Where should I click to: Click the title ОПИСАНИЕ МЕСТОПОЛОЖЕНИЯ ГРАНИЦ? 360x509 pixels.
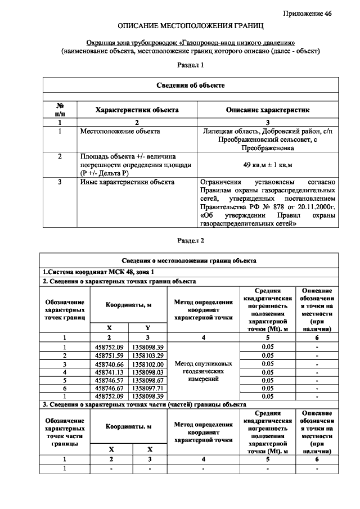click(x=190, y=26)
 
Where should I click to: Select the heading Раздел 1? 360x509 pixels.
click(x=190, y=65)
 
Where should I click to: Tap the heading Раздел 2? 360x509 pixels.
click(x=190, y=240)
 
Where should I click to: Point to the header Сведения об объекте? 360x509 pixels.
click(x=190, y=85)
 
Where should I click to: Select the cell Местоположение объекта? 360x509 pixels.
click(x=120, y=131)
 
